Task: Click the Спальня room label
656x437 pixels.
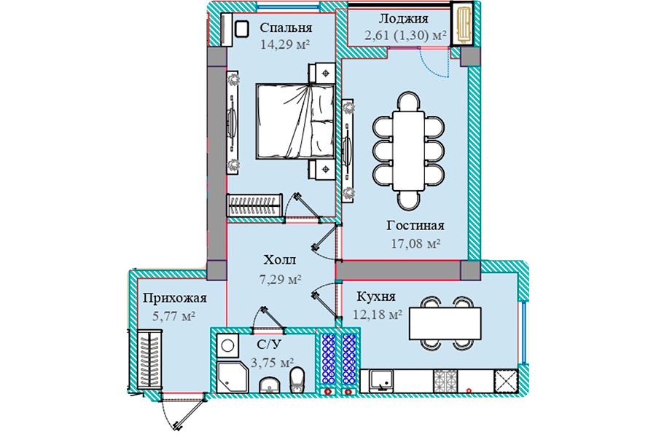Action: click(x=286, y=28)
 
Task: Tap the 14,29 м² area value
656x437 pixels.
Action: click(x=284, y=44)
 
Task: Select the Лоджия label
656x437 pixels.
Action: click(x=403, y=19)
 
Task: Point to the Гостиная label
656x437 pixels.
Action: click(x=415, y=225)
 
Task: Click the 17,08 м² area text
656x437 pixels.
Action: click(x=415, y=243)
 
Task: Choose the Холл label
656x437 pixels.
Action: click(x=279, y=260)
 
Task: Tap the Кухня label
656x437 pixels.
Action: click(x=375, y=296)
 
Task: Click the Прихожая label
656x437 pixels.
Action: click(x=174, y=298)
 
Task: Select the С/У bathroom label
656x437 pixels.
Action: click(x=269, y=345)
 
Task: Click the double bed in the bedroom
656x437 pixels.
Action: click(x=295, y=121)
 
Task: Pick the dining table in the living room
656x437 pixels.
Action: click(x=408, y=151)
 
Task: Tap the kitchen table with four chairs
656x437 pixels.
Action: click(x=445, y=323)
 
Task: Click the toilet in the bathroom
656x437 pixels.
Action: click(x=297, y=379)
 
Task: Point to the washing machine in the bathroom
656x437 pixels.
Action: click(x=227, y=345)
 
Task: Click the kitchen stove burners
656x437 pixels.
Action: click(x=445, y=381)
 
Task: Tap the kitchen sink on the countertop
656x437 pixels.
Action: click(x=381, y=381)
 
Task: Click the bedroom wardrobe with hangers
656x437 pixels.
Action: click(x=254, y=205)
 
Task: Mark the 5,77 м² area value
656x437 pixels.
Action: click(x=174, y=316)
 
